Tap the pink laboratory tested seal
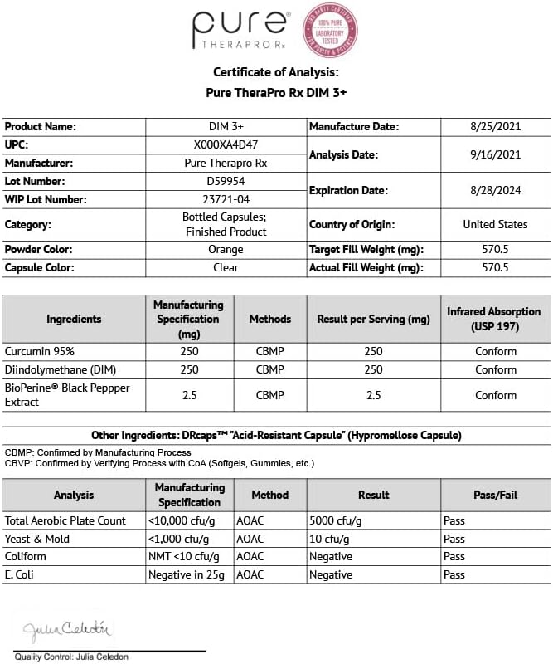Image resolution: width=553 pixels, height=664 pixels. click(329, 30)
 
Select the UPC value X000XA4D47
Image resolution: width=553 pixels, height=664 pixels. click(226, 145)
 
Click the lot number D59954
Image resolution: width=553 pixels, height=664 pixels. click(226, 181)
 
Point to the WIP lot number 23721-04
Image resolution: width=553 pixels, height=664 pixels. click(226, 199)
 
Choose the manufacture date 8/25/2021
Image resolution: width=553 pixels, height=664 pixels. click(495, 127)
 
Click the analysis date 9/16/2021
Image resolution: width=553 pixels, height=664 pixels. click(495, 154)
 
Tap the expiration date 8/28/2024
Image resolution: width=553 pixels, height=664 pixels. click(495, 190)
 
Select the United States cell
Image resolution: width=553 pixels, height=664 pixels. click(495, 224)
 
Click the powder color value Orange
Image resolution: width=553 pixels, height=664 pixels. click(226, 249)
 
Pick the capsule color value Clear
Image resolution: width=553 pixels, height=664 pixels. click(226, 267)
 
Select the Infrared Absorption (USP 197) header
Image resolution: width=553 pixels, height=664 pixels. click(495, 319)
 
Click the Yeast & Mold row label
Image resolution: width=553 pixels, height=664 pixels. click(39, 539)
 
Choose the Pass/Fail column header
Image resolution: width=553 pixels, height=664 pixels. click(495, 495)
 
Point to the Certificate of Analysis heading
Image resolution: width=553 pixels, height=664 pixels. click(276, 72)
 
